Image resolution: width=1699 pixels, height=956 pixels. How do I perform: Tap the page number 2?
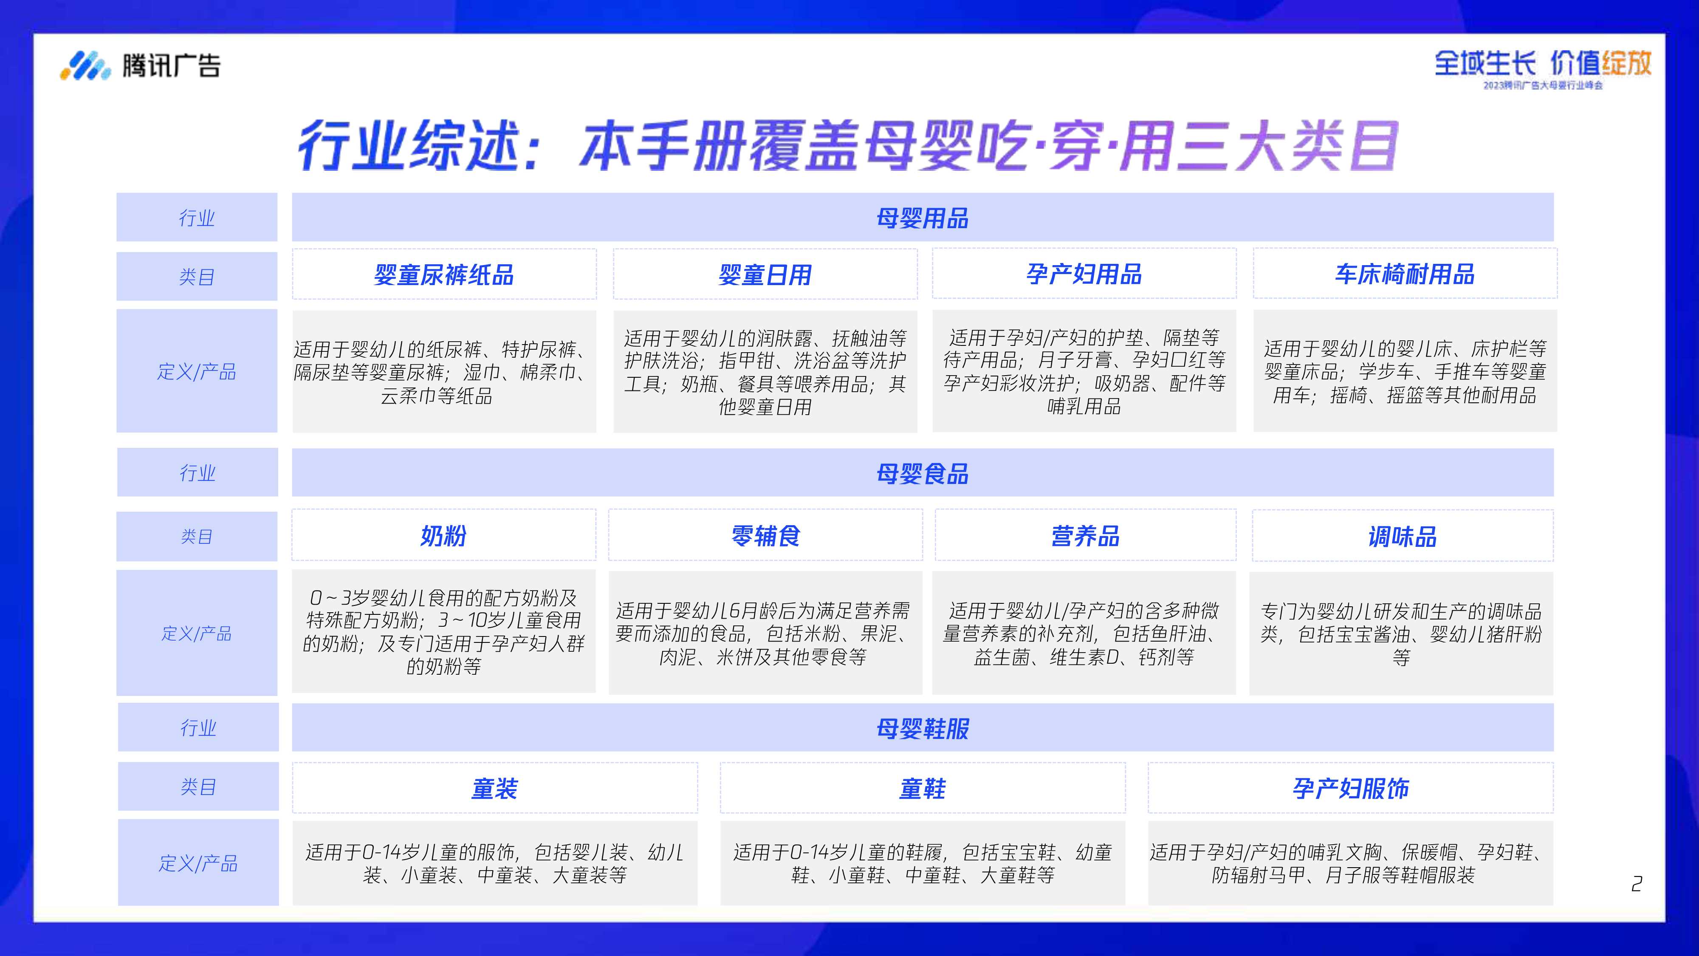[1636, 883]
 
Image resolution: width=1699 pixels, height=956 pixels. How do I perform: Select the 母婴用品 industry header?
[922, 218]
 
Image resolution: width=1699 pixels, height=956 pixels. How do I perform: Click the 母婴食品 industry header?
[922, 473]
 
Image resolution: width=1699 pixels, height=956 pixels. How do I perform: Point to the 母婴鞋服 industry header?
[922, 728]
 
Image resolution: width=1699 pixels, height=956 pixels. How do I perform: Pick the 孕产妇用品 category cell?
[1084, 274]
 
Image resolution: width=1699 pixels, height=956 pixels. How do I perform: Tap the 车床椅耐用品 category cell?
[1405, 274]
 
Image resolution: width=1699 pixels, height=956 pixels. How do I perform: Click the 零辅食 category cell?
[765, 535]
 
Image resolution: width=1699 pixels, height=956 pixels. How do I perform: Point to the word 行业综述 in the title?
[409, 146]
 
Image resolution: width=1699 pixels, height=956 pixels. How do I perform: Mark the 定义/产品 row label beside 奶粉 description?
[197, 634]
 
